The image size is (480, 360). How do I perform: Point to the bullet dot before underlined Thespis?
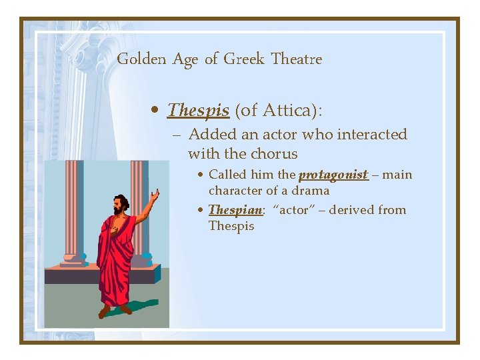tap(155, 111)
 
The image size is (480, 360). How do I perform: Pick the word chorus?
tap(274, 154)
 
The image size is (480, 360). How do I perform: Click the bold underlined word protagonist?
tap(333, 175)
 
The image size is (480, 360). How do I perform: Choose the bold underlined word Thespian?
tap(233, 210)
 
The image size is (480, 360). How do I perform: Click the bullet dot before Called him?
tap(201, 175)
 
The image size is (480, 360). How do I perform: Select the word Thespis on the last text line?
tap(231, 226)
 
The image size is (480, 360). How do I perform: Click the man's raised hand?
tap(155, 195)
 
